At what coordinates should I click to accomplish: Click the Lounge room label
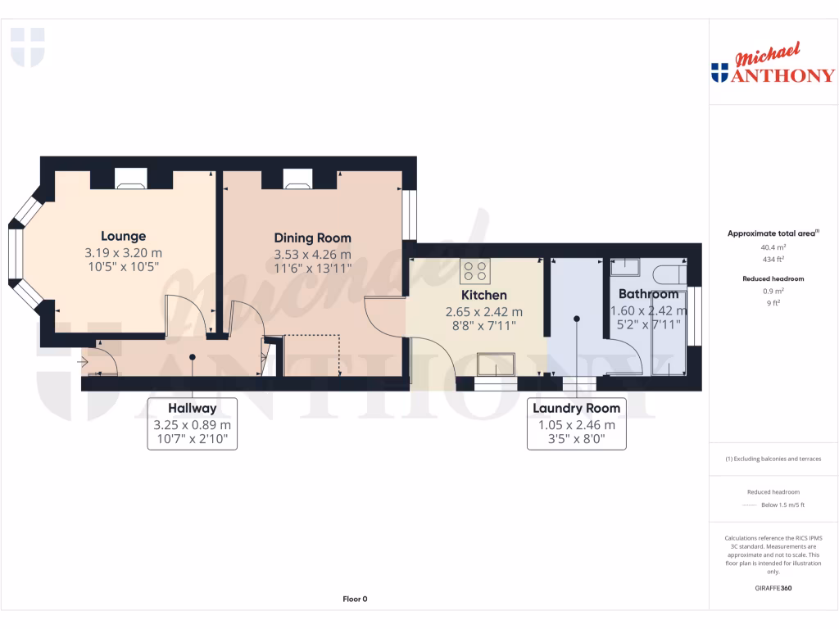[123, 237]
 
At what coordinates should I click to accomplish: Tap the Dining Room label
[312, 238]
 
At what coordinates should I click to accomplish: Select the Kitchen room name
[483, 295]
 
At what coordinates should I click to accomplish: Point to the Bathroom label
[648, 294]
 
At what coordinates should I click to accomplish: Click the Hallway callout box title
[192, 408]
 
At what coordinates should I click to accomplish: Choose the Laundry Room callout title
[576, 408]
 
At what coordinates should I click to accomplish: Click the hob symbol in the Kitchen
[475, 270]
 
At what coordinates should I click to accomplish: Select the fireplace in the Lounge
[131, 179]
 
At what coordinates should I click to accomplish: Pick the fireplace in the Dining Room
[298, 179]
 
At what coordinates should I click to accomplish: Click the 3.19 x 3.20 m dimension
[123, 253]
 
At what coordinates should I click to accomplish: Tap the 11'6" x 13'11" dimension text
[312, 269]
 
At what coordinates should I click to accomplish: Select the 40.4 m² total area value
[773, 247]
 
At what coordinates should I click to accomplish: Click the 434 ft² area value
[773, 259]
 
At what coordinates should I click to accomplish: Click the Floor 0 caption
[355, 599]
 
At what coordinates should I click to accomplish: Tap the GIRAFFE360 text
[773, 587]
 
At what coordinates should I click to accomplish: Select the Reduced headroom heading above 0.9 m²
[773, 278]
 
